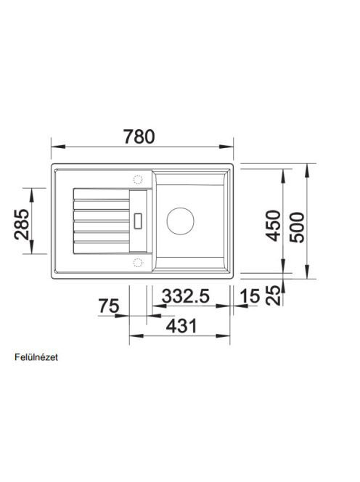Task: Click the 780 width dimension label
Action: (139, 136)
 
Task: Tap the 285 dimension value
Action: (22, 224)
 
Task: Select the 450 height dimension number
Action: (274, 225)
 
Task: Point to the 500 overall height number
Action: (297, 227)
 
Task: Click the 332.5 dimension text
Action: (186, 296)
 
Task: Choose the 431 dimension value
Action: (181, 326)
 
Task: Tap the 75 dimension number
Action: (109, 306)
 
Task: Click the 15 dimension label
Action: (250, 296)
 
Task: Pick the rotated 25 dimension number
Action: (274, 295)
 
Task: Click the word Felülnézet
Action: (36, 357)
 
